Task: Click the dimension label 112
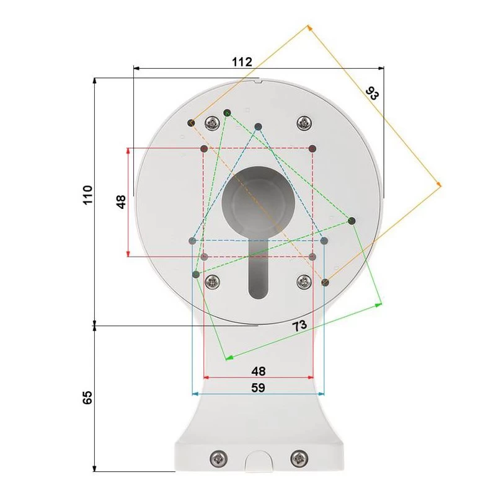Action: pos(242,61)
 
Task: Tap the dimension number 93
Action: pos(372,94)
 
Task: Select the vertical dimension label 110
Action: pos(87,195)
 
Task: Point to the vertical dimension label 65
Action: pos(87,397)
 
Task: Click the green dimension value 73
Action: pos(299,325)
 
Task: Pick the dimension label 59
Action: pos(258,387)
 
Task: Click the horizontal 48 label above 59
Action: pos(259,371)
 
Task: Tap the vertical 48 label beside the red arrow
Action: pos(121,202)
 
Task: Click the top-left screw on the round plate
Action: pos(213,123)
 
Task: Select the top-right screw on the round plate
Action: pos(304,123)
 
